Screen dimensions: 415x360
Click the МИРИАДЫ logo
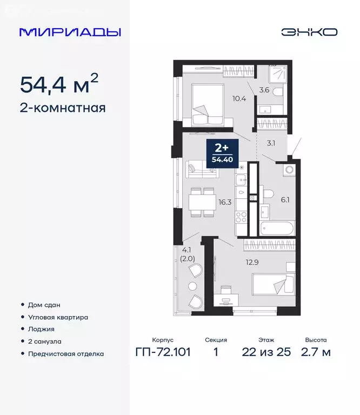click(70, 32)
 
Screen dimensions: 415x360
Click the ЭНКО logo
click(309, 32)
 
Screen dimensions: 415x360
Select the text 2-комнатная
click(62, 108)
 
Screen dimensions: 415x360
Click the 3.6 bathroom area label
click(264, 90)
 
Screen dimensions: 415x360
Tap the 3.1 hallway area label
click(271, 144)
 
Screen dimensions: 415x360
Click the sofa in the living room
click(202, 170)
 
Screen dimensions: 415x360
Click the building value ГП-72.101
click(163, 353)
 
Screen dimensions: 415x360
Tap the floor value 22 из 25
click(266, 353)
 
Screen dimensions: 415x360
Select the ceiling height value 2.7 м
click(315, 353)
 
